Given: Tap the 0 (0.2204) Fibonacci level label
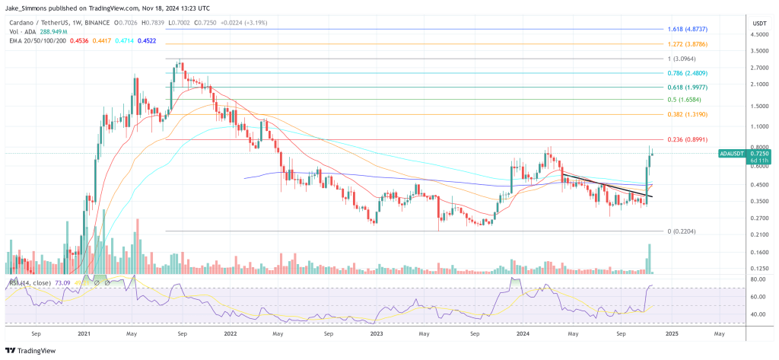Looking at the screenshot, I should tap(683, 231).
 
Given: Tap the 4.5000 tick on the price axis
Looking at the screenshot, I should tap(758, 35).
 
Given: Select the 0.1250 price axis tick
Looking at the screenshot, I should tap(758, 268).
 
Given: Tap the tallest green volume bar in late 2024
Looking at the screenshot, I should tap(649, 259).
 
